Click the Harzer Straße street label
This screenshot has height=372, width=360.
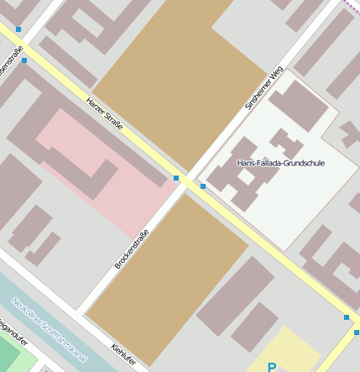(105, 113)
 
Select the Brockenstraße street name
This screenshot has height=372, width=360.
(132, 249)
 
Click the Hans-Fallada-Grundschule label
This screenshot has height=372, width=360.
(280, 163)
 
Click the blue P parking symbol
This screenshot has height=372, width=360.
(271, 367)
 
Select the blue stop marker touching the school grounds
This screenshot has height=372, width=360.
(202, 186)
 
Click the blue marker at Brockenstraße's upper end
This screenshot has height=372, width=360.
(176, 178)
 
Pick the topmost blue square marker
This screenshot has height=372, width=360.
(18, 29)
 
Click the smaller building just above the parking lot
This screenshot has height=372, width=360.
(254, 327)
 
